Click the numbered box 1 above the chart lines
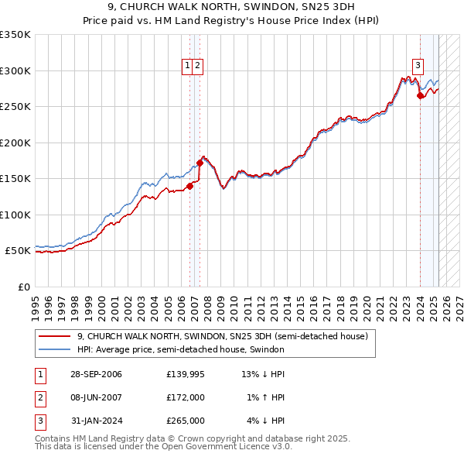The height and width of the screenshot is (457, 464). [188, 67]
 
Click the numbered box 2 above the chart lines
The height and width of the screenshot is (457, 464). [198, 67]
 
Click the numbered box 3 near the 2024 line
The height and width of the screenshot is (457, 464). [418, 67]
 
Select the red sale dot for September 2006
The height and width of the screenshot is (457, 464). [189, 186]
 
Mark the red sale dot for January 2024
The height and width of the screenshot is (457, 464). [420, 96]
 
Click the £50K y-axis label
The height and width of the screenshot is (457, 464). [18, 251]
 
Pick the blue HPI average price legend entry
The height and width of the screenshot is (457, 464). [180, 349]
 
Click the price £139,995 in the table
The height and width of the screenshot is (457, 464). [185, 374]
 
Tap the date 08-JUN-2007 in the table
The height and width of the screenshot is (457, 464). [95, 397]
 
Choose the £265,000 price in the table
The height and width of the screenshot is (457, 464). [185, 421]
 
